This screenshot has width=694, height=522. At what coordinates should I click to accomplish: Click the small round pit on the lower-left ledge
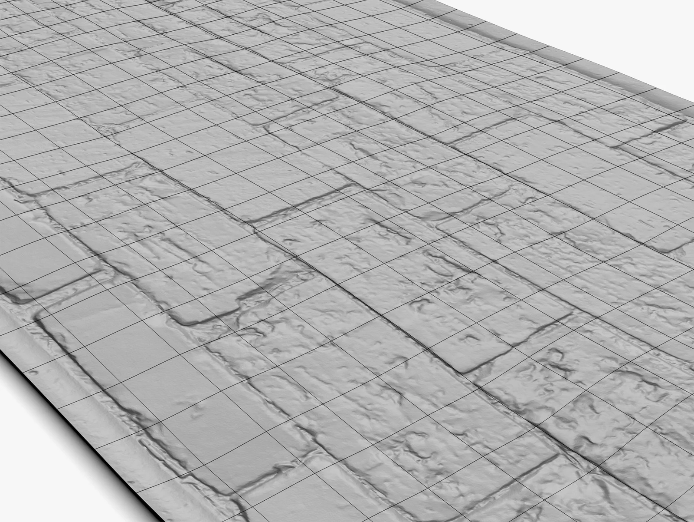coord(33,372)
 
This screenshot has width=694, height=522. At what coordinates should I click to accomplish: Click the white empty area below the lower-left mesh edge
coord(43,478)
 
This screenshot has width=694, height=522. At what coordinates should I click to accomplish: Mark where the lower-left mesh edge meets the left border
coord(1,347)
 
